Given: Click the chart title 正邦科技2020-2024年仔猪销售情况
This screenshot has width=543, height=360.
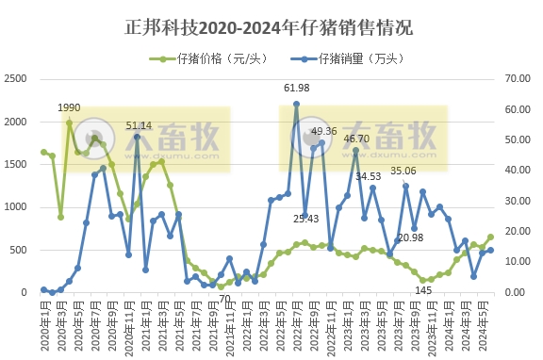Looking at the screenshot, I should [x=271, y=25].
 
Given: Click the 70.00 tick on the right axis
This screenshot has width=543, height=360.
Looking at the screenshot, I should [x=522, y=79].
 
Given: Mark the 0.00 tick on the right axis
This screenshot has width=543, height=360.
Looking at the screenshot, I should [x=522, y=293].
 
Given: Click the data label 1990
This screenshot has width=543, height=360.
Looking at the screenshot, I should [x=69, y=108].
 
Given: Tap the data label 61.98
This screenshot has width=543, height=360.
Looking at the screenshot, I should [x=297, y=88].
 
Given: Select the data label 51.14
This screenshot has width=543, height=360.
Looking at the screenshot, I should [x=139, y=125].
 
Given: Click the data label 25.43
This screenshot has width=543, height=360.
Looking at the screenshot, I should [x=305, y=219].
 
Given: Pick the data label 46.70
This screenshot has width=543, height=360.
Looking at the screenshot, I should [x=355, y=139].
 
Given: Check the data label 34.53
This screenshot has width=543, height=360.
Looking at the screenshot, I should [x=368, y=176].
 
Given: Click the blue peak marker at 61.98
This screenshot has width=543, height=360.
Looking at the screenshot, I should [x=296, y=105].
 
